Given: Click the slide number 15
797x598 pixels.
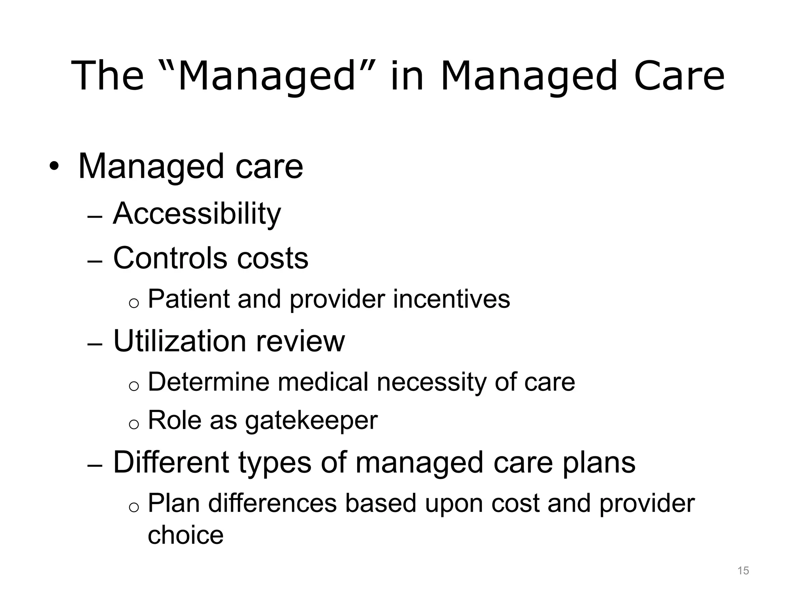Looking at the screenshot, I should point(743,571).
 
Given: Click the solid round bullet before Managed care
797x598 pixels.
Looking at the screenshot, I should point(54,167).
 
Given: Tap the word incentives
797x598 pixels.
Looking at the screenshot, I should point(451,299).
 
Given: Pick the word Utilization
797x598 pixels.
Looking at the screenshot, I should point(179,341).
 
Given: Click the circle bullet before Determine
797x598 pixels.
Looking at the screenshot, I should point(133,386).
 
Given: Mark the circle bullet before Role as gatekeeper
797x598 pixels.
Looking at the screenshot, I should point(133,425).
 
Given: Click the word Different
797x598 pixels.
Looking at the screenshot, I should point(171,463).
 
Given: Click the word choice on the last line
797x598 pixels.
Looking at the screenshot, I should point(186,535).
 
